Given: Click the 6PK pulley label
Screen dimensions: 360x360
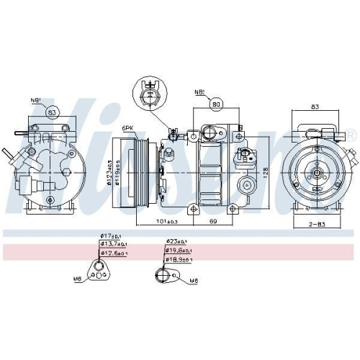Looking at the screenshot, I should [128, 128].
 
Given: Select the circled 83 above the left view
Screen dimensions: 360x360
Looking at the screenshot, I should [52, 112].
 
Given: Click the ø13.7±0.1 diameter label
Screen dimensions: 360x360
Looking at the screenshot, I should [114, 244].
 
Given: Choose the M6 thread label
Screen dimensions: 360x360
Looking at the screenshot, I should [194, 280].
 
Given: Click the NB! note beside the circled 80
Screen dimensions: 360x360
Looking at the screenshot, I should [199, 92].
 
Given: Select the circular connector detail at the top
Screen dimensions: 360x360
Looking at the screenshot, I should [150, 94].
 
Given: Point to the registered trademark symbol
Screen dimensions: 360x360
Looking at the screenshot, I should [351, 134].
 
